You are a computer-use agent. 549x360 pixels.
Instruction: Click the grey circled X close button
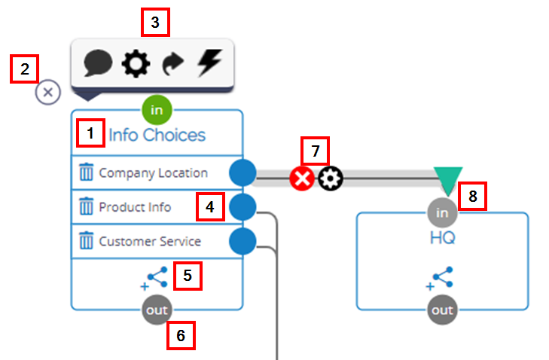coord(48,93)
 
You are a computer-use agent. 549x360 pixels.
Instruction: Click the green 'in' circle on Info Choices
coord(157,110)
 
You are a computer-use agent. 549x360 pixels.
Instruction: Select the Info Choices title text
coord(157,136)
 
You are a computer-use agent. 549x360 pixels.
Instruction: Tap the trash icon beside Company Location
coord(86,172)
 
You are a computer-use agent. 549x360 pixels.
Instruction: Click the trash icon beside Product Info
coord(86,207)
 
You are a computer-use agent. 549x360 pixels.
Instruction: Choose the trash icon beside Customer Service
coord(86,242)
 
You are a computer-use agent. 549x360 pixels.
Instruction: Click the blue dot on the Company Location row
coord(242,172)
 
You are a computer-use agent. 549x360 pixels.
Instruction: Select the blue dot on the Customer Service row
coord(242,242)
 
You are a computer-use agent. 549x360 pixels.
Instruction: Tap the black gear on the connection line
coord(330,178)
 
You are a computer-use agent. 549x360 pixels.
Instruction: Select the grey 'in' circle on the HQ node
coord(442,213)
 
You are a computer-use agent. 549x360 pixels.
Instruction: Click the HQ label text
coord(442,239)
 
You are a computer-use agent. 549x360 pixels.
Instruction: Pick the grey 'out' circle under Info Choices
coord(157,310)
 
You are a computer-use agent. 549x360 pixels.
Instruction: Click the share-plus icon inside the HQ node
coord(442,277)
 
